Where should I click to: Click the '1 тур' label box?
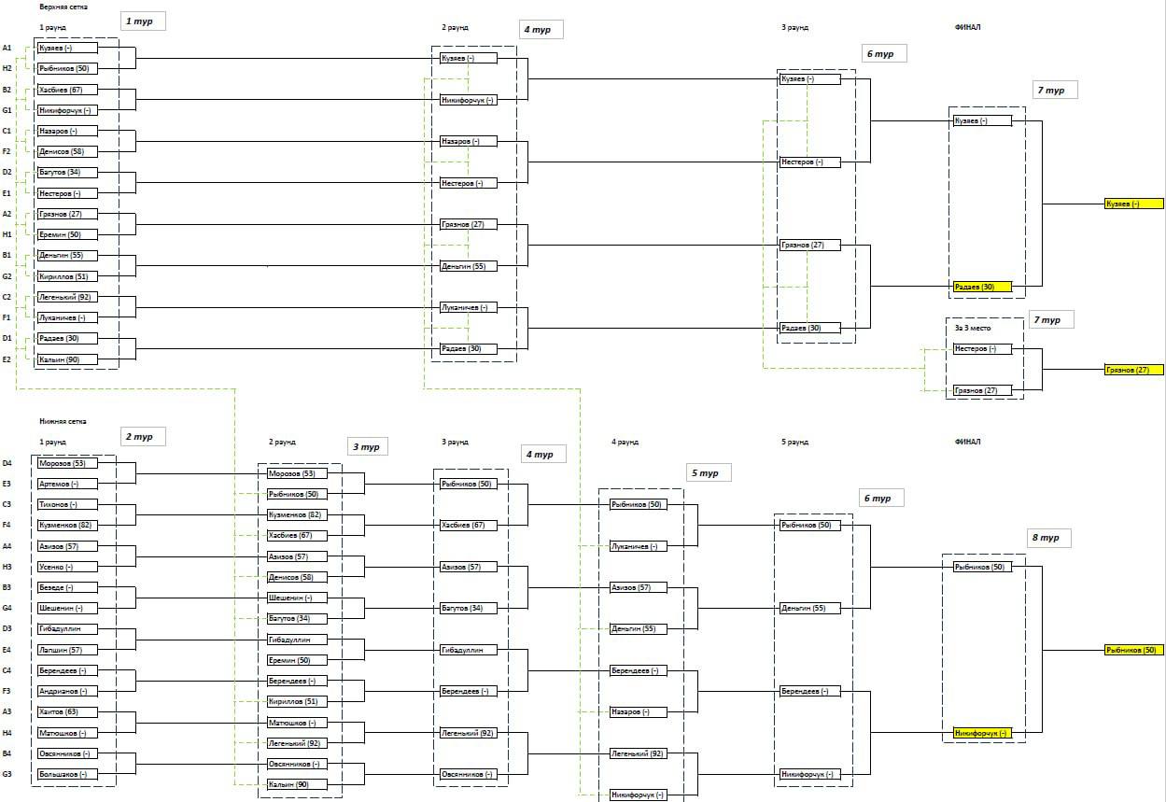tap(143, 21)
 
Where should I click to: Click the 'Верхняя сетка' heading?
tap(57, 7)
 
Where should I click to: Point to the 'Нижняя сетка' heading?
tap(58, 422)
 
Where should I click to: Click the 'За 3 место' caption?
tap(972, 329)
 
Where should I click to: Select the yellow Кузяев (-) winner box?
tap(1133, 204)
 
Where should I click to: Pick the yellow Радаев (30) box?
tap(982, 287)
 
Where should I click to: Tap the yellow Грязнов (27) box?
tap(1133, 370)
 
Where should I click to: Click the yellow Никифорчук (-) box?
tap(982, 733)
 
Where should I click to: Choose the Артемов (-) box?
tap(66, 484)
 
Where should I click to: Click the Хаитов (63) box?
tap(66, 711)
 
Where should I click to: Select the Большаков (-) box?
tap(66, 774)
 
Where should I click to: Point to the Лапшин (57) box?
tap(66, 650)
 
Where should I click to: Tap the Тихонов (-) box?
tap(66, 504)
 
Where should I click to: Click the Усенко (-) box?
tap(66, 567)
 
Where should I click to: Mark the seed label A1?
tap(7, 48)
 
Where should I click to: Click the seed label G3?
tap(7, 774)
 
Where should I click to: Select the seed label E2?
tap(7, 359)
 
